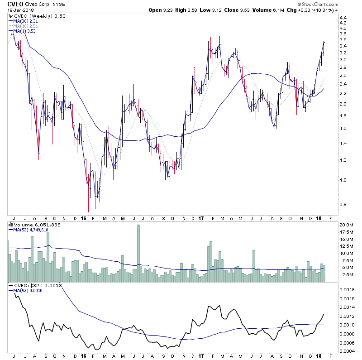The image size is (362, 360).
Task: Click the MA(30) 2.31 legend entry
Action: [24, 21]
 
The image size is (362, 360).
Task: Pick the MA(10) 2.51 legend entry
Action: [24, 26]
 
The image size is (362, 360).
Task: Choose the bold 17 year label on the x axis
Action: [200, 218]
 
